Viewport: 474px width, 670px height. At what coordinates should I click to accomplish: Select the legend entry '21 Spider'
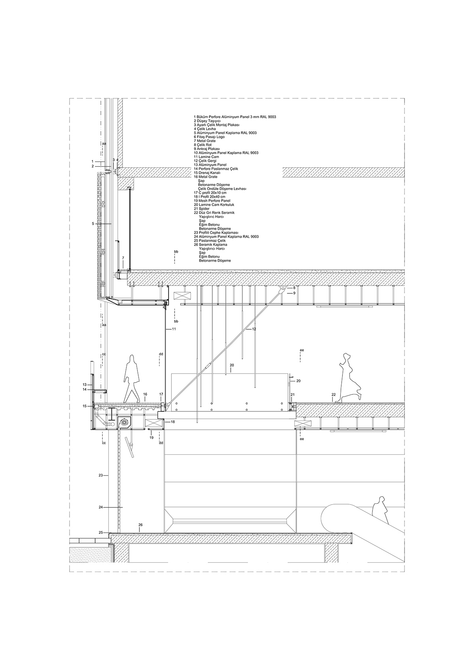click(202, 209)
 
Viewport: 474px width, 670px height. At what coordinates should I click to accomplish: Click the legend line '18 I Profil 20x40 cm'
click(209, 197)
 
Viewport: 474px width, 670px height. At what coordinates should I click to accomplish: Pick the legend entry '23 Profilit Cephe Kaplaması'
click(216, 233)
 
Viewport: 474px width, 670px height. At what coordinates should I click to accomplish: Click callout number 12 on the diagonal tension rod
click(254, 329)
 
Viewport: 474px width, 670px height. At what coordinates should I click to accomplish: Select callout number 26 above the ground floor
click(140, 525)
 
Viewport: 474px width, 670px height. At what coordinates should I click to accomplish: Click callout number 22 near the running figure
click(334, 394)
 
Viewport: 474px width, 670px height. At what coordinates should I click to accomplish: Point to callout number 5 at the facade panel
click(93, 224)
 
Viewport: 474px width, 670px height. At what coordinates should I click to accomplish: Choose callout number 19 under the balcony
click(151, 437)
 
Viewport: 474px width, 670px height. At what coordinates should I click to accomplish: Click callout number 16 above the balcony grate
click(145, 394)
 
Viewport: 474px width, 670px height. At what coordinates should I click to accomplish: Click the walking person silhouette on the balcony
click(132, 378)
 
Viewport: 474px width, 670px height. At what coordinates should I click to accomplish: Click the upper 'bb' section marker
click(176, 251)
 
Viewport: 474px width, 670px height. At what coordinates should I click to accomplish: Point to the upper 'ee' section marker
click(302, 351)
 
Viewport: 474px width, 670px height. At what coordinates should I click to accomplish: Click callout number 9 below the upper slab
click(294, 293)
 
